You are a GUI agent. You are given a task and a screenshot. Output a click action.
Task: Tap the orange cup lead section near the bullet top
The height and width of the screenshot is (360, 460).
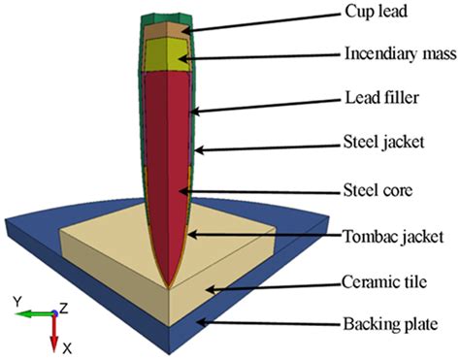tap(164, 31)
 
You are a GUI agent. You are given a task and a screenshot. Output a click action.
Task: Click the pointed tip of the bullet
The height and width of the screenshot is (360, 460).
tap(171, 285)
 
